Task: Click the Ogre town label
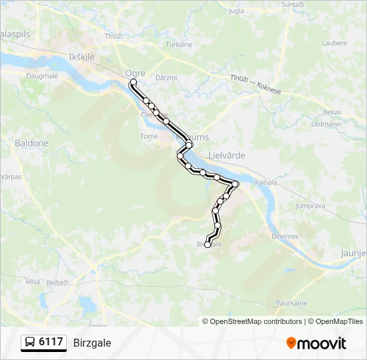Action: pyautogui.click(x=135, y=73)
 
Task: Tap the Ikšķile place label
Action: pyautogui.click(x=81, y=57)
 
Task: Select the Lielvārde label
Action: pyautogui.click(x=227, y=155)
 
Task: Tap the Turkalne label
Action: pyautogui.click(x=179, y=45)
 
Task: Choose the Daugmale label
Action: pyautogui.click(x=41, y=77)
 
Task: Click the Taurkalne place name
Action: pyautogui.click(x=291, y=302)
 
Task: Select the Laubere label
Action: pyautogui.click(x=334, y=43)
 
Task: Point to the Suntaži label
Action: pyautogui.click(x=292, y=4)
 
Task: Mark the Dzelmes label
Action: pyautogui.click(x=285, y=236)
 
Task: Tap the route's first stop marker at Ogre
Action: pyautogui.click(x=133, y=83)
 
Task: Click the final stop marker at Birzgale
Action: pyautogui.click(x=208, y=245)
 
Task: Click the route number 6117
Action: pyautogui.click(x=51, y=342)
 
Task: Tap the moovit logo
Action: pyautogui.click(x=316, y=343)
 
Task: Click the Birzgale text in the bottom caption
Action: pyautogui.click(x=92, y=343)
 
